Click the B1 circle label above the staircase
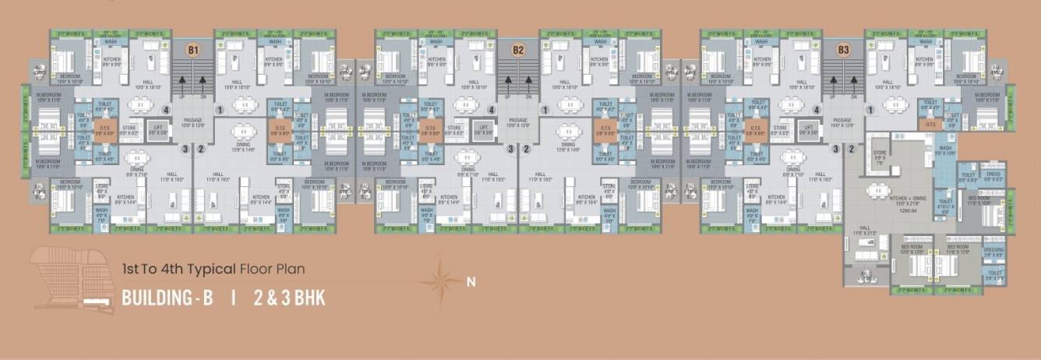point(193,51)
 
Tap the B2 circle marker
point(518,51)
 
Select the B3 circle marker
point(843,51)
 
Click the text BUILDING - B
point(167,298)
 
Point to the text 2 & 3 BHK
point(289,298)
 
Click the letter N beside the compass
point(470,283)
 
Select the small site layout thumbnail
point(73,281)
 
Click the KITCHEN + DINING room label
point(907,200)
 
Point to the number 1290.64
point(908,211)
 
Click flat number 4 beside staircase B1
point(166,111)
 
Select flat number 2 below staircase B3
point(851,149)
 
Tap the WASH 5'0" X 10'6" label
point(944,150)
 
